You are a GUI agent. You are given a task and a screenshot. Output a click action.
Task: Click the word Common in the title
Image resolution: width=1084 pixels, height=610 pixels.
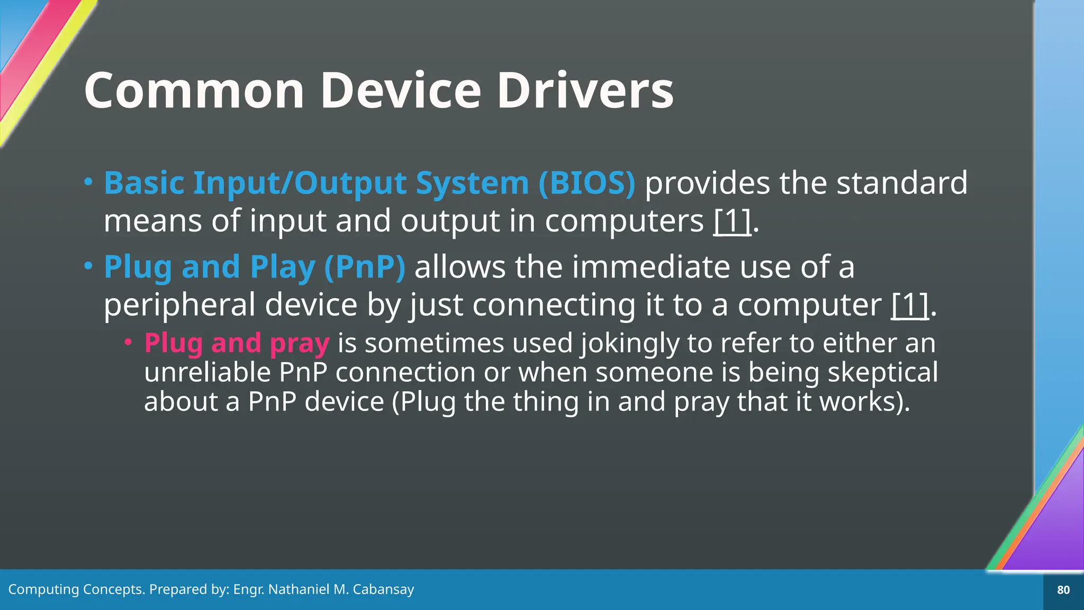194,91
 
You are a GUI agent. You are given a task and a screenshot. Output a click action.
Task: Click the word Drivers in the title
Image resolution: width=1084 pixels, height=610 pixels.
585,91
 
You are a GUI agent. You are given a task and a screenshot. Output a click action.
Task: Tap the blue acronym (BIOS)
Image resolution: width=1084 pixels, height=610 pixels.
586,183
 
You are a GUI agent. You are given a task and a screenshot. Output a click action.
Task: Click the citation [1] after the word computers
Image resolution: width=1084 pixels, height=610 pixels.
732,221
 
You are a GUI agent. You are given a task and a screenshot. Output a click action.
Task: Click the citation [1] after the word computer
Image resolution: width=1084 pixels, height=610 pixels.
910,305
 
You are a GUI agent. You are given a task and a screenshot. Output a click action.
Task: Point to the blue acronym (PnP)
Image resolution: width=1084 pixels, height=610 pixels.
365,267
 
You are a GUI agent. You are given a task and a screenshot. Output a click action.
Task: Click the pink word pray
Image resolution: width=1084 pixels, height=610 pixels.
300,343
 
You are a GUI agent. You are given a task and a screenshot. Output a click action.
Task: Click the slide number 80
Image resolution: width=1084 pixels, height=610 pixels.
1063,590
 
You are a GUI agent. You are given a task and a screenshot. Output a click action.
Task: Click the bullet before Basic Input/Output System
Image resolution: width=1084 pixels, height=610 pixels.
88,182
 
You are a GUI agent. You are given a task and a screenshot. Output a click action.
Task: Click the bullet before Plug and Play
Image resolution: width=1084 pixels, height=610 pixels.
88,266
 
